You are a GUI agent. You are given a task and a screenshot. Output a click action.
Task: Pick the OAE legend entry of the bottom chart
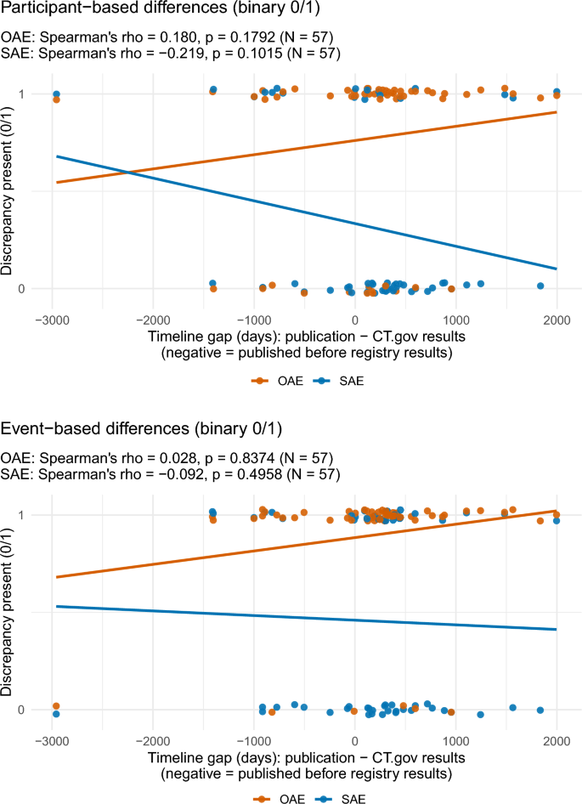(271, 798)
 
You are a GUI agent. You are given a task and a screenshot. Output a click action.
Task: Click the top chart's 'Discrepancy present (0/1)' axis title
(8, 190)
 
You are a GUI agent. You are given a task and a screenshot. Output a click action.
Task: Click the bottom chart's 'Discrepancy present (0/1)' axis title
(8, 612)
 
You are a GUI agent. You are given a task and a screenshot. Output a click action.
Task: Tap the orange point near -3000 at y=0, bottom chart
(56, 705)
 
